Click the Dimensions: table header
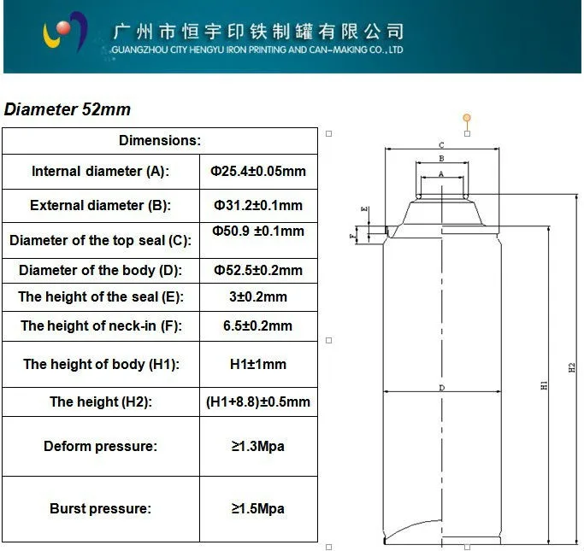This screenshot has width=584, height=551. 160,140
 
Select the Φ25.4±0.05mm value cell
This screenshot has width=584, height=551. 257,171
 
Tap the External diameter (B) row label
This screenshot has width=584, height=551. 100,205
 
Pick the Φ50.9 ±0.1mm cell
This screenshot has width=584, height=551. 257,232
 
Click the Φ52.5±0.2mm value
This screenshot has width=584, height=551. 257,270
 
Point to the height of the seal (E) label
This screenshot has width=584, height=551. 100,296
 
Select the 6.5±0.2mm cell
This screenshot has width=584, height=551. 257,325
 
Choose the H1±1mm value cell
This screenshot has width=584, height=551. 257,364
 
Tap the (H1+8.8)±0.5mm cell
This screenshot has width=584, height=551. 257,402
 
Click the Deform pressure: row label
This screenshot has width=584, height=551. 100,446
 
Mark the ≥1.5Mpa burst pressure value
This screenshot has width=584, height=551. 257,508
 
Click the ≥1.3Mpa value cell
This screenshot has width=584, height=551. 257,446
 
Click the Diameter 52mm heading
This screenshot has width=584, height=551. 68,109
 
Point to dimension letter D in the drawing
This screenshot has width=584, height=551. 441,388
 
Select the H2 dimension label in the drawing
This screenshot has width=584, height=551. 572,367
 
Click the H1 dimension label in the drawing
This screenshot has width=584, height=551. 544,386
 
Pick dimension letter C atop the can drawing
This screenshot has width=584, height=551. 441,145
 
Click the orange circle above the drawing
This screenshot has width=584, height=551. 466,117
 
